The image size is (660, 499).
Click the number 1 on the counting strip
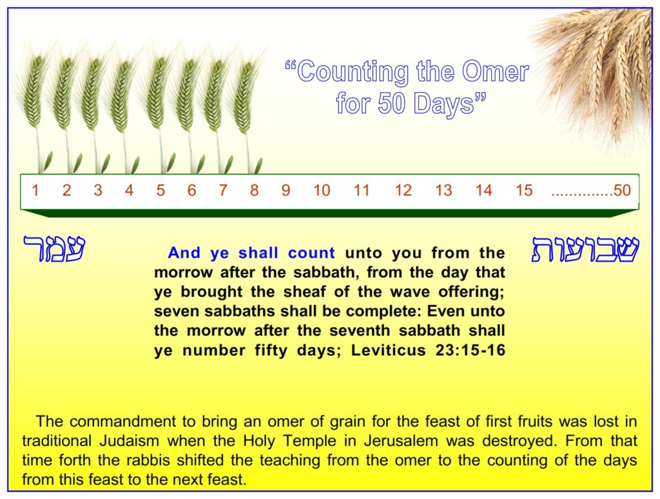click(x=35, y=190)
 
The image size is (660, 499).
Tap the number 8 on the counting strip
click(x=254, y=190)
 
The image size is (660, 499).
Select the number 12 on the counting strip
click(x=403, y=190)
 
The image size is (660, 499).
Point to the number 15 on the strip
click(x=524, y=190)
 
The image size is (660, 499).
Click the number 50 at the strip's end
click(x=622, y=190)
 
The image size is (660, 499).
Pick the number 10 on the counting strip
click(x=322, y=190)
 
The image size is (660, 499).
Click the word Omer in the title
click(x=495, y=72)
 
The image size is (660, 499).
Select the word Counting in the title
click(x=353, y=72)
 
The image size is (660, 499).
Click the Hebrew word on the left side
click(x=54, y=248)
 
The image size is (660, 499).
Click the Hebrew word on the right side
click(x=585, y=249)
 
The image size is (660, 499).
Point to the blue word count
click(x=311, y=253)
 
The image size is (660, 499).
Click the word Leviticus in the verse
click(x=389, y=350)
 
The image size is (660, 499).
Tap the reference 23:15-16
click(x=470, y=350)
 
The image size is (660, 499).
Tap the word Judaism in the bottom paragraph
click(x=129, y=441)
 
